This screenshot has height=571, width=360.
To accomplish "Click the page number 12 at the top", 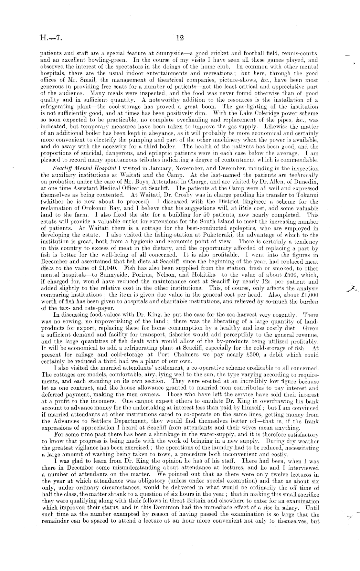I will [180, 38].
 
